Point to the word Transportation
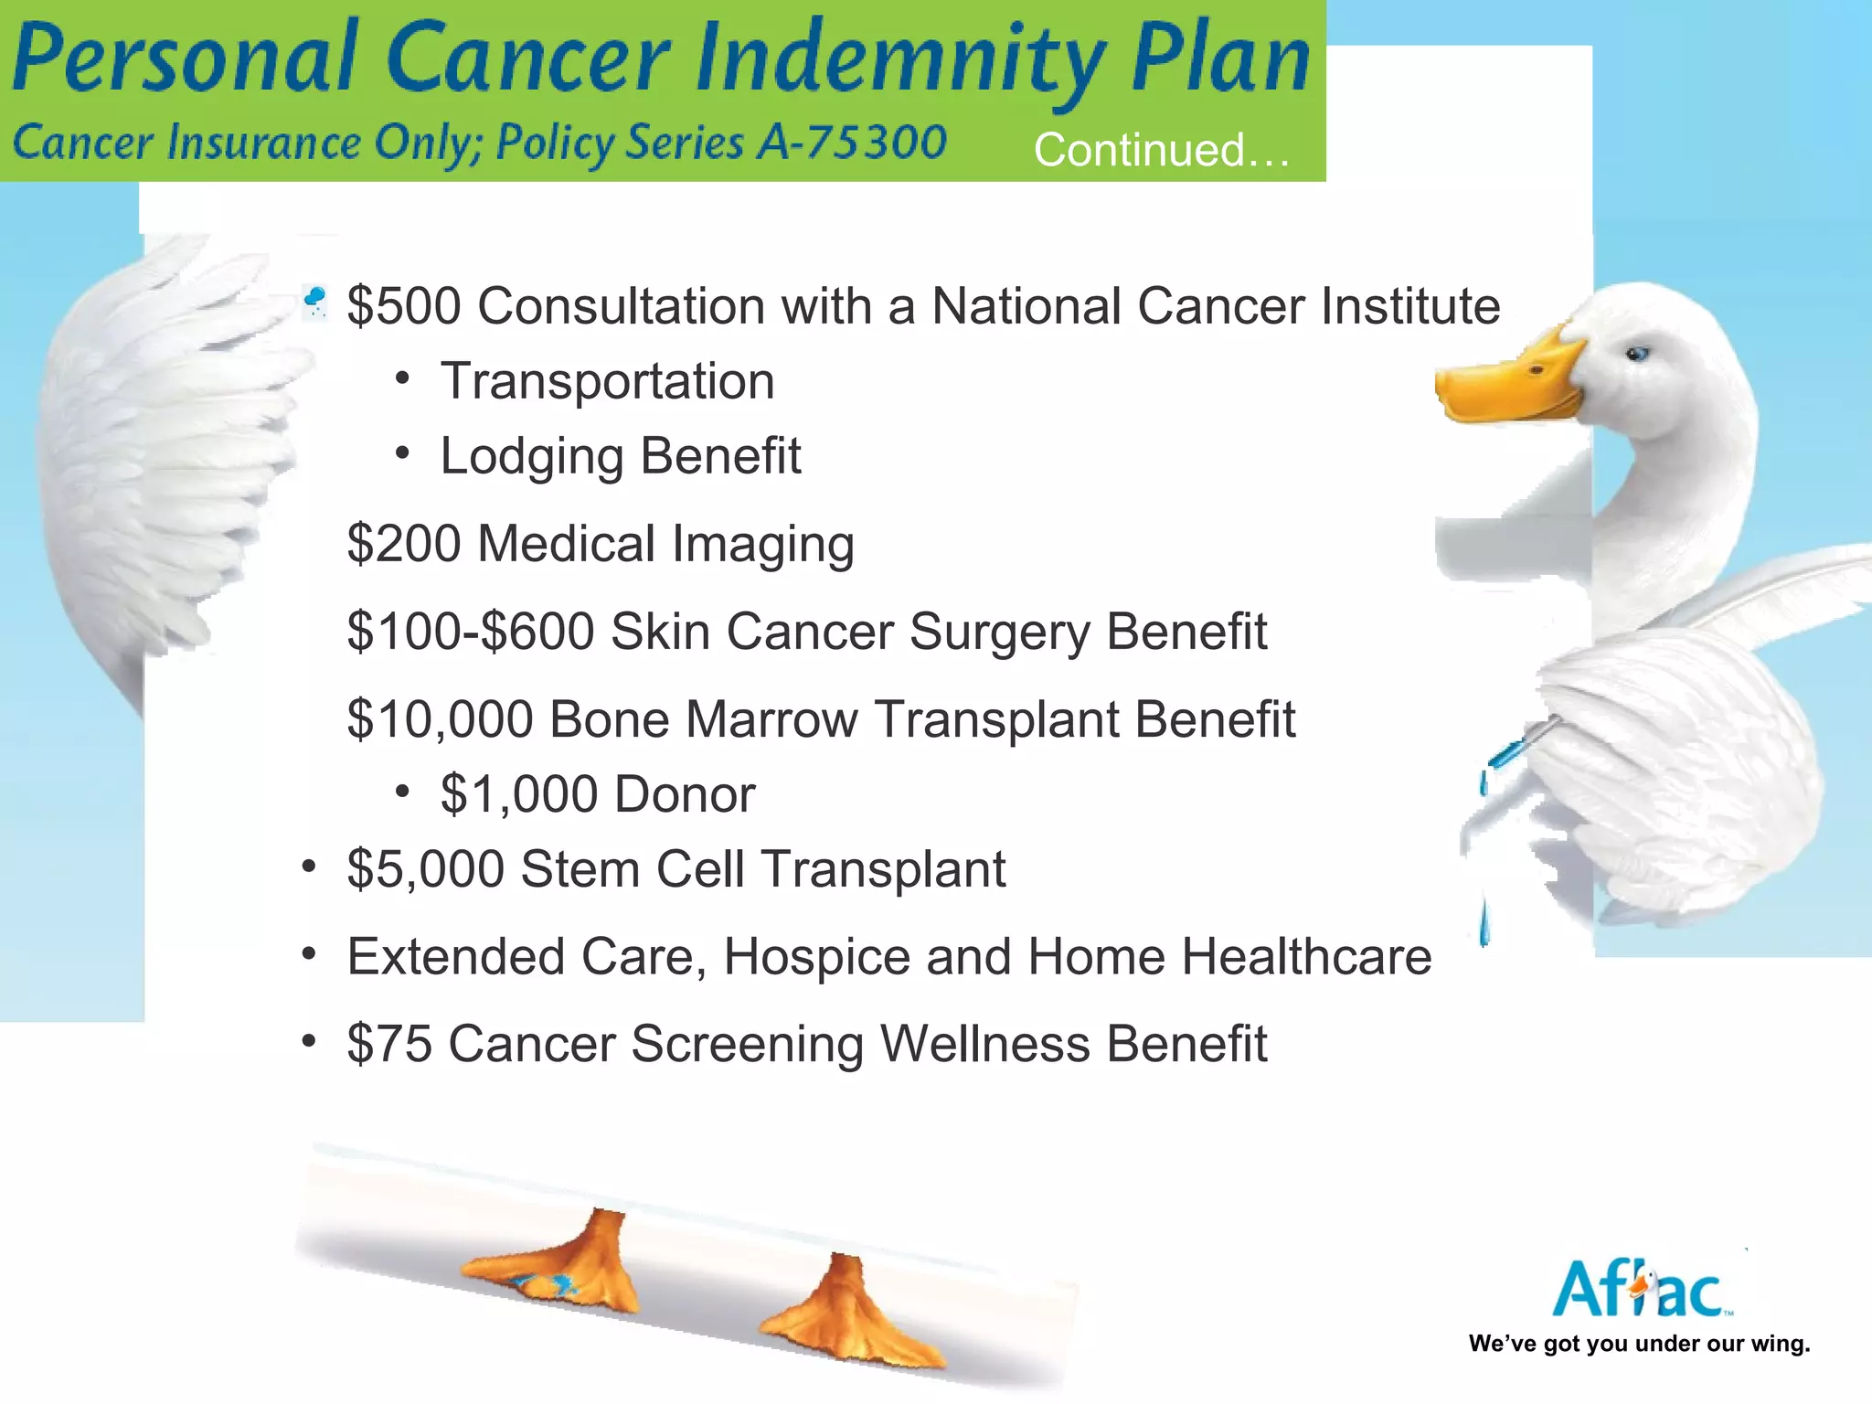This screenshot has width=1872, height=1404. (607, 381)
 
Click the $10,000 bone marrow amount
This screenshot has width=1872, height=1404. (440, 719)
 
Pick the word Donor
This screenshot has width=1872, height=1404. (685, 794)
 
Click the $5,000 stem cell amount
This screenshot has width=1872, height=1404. (425, 869)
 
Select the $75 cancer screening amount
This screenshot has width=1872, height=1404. (388, 1044)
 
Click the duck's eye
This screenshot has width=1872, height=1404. (1637, 354)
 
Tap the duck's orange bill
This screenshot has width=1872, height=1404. (1508, 384)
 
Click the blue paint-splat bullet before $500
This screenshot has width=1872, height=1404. (314, 300)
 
